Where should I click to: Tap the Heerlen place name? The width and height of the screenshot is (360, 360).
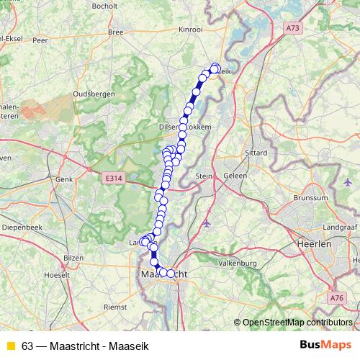[x=313, y=244]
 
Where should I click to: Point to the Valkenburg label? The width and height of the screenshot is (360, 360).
[x=239, y=263]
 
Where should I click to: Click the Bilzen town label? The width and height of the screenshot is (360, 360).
[x=74, y=257]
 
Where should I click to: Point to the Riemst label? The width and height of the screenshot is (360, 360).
[x=115, y=306]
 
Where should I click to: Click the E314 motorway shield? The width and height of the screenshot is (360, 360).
[x=112, y=178]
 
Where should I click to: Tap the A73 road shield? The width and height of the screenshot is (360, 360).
[x=292, y=27]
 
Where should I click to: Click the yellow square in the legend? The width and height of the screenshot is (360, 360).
[x=10, y=346]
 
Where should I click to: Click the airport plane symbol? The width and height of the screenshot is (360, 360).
[x=207, y=222]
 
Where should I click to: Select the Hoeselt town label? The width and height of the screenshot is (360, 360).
[x=57, y=274]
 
